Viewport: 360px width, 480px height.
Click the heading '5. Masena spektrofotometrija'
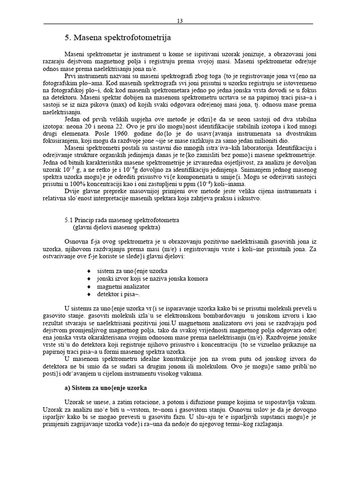pos(118,37)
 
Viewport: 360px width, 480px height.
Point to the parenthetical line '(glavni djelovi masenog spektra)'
pos(116,227)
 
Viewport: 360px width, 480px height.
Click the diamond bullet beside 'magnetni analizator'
pos(89,286)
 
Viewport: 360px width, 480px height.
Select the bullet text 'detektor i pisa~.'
pos(118,294)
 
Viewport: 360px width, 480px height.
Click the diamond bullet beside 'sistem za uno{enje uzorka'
pos(89,271)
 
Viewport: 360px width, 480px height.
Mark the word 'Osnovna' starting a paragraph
pos(76,242)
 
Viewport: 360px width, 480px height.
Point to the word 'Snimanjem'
pos(258,170)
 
